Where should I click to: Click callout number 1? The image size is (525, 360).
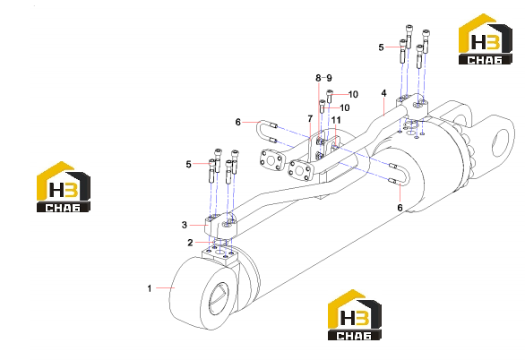[x=150, y=288]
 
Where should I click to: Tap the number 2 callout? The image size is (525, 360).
[x=190, y=243]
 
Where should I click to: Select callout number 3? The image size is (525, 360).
[x=185, y=225]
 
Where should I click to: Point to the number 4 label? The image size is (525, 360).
[x=383, y=93]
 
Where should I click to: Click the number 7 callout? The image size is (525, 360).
[x=310, y=118]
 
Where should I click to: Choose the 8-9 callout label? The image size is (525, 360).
[x=323, y=78]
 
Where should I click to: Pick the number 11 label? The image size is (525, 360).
[x=336, y=120]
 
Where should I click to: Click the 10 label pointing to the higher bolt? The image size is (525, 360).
[x=353, y=94]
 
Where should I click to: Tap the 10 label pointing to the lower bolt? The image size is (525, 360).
[x=345, y=107]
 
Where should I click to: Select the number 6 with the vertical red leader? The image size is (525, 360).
[x=400, y=208]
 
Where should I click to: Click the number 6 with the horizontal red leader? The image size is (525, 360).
[x=237, y=122]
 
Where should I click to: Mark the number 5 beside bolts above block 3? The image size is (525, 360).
[x=188, y=164]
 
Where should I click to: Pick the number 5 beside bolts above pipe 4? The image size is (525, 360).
[x=381, y=47]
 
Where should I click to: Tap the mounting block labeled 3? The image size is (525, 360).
[x=221, y=227]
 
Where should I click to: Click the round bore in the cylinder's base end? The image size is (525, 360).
[x=219, y=299]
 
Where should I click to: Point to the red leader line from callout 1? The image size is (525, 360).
[x=165, y=287]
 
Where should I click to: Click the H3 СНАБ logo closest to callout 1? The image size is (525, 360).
[x=64, y=186]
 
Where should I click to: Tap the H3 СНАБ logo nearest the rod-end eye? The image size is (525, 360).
[x=486, y=39]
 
